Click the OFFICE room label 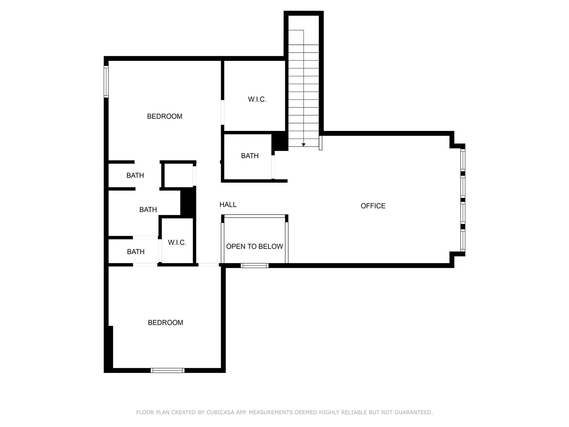pyautogui.click(x=373, y=206)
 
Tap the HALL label pyautogui.click(x=228, y=205)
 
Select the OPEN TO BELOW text pyautogui.click(x=254, y=246)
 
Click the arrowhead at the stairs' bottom pyautogui.click(x=303, y=145)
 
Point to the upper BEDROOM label pyautogui.click(x=164, y=116)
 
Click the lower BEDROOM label pyautogui.click(x=165, y=322)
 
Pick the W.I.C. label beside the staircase pyautogui.click(x=257, y=99)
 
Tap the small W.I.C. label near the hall pyautogui.click(x=177, y=242)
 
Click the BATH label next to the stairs pyautogui.click(x=250, y=156)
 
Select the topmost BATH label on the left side pyautogui.click(x=135, y=175)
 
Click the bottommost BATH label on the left pyautogui.click(x=136, y=252)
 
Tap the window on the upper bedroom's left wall pyautogui.click(x=106, y=82)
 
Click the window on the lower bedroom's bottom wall pyautogui.click(x=168, y=370)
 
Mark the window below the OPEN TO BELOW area pyautogui.click(x=254, y=265)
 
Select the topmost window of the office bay pyautogui.click(x=463, y=160)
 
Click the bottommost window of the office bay pyautogui.click(x=463, y=240)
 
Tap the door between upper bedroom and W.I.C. pyautogui.click(x=223, y=112)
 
